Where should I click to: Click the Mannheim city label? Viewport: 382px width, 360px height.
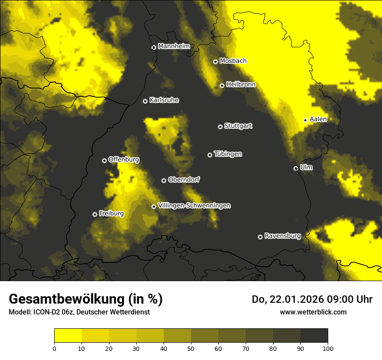[x=174, y=46]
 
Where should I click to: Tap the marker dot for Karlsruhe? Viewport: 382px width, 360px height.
[x=145, y=101]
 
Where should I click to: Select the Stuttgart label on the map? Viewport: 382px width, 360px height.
[x=238, y=126]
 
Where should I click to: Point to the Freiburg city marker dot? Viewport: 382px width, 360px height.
[x=95, y=214]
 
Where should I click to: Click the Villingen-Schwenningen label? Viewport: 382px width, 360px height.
[x=194, y=206]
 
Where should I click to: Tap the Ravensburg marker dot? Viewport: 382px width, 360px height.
[x=260, y=237]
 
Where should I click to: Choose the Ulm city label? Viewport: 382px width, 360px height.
[x=306, y=167]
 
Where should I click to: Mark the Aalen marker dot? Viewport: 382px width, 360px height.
[x=305, y=120]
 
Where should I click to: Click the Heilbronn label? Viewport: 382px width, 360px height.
[x=241, y=85]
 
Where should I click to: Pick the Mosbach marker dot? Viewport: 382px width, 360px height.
[x=215, y=62]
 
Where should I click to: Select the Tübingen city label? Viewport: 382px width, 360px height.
[x=228, y=154]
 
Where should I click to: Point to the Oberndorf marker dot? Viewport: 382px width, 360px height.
[x=164, y=180]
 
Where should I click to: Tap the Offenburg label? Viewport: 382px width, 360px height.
[x=124, y=160]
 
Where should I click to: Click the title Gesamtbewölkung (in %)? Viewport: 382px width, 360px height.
[x=86, y=299]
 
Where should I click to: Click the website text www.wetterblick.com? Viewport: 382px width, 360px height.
[x=313, y=312]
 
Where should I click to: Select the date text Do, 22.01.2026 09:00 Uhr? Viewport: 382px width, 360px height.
[x=312, y=299]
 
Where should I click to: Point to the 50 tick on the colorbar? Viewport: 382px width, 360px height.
[x=191, y=348]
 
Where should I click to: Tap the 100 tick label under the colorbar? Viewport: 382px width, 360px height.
[x=328, y=348]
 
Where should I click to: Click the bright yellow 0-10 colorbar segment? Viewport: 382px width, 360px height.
[x=68, y=336]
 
